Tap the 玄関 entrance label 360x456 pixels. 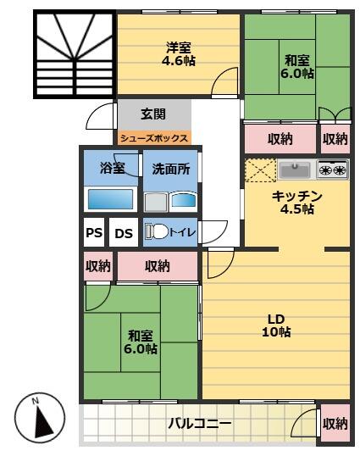click(x=152, y=114)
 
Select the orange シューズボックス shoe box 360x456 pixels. click(x=153, y=137)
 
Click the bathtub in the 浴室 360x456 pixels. click(x=110, y=200)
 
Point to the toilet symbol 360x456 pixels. click(x=155, y=231)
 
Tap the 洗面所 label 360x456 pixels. click(x=170, y=168)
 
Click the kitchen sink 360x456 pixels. click(x=296, y=170)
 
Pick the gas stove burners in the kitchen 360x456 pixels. click(x=332, y=170)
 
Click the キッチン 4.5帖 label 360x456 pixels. click(x=296, y=202)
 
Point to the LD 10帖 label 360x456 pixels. click(x=275, y=325)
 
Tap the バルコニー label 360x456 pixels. click(x=199, y=423)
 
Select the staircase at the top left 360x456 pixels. click(x=75, y=53)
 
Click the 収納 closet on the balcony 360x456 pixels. click(x=335, y=423)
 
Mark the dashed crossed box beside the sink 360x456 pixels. click(x=258, y=170)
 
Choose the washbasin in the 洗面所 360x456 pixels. click(x=182, y=201)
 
